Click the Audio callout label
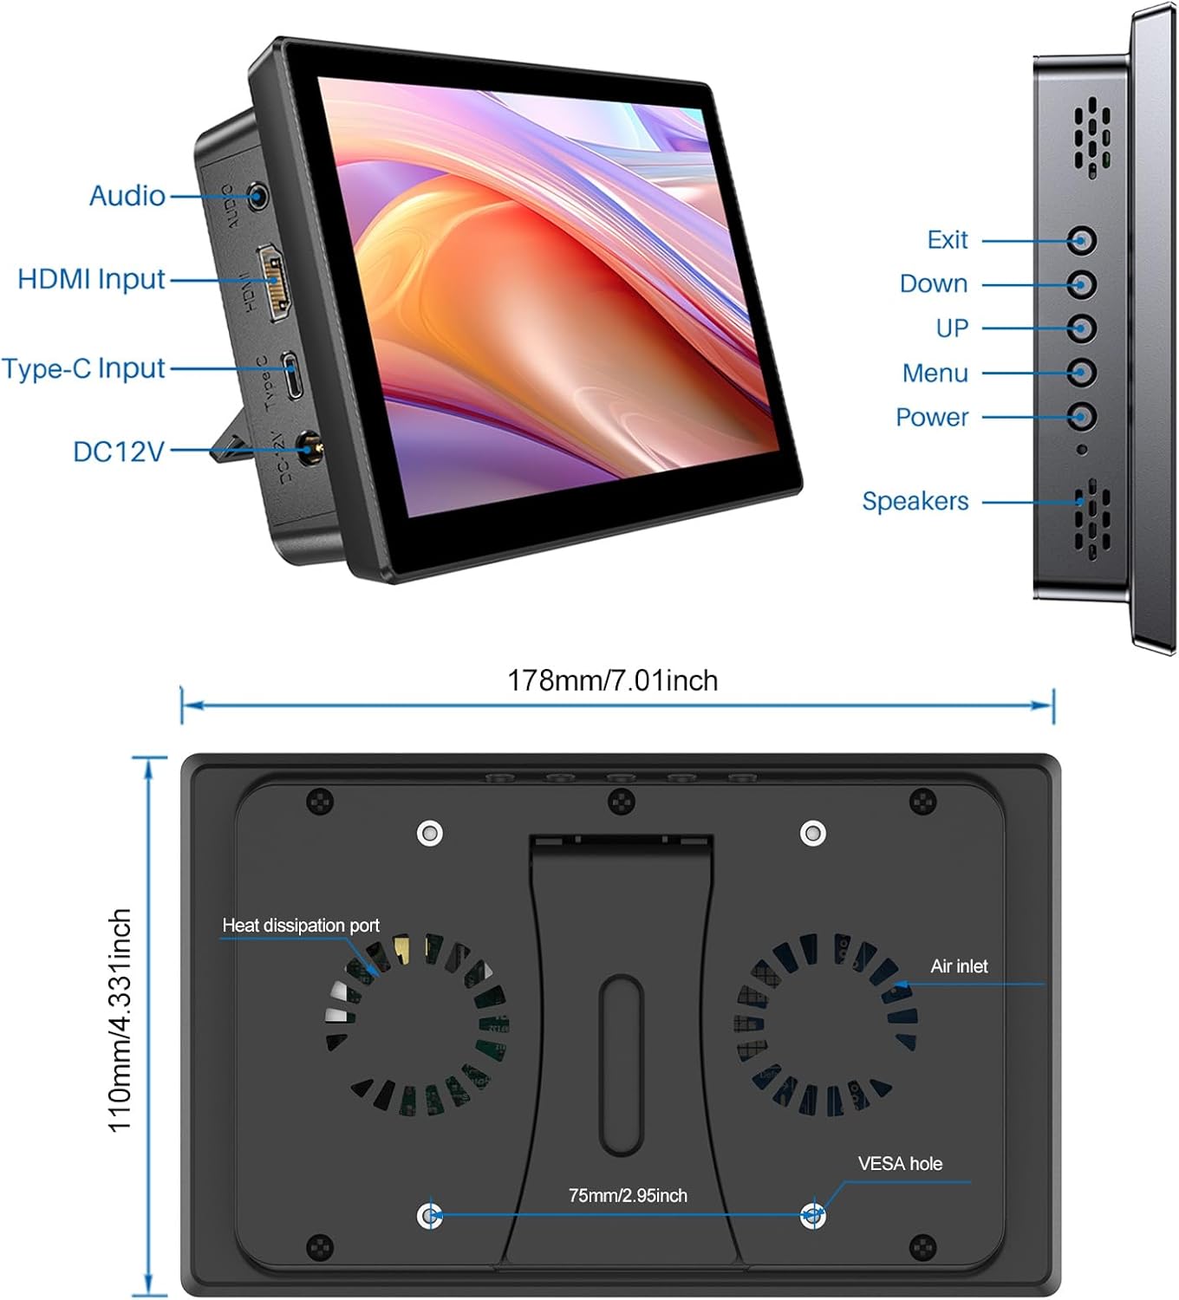click(127, 196)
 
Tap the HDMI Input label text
click(91, 279)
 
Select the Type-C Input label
click(83, 368)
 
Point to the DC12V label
click(119, 452)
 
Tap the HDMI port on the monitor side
click(274, 283)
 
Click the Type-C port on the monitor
click(294, 374)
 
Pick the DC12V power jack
click(306, 448)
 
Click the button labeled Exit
click(1081, 241)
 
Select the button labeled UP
click(1081, 328)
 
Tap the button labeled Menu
click(1081, 373)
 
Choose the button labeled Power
click(1081, 417)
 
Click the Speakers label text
click(915, 501)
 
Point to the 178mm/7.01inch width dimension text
click(612, 680)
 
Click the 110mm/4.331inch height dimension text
click(120, 1020)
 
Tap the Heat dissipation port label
click(301, 926)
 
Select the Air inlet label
click(959, 966)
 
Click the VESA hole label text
click(900, 1164)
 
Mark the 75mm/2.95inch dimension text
click(628, 1196)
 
